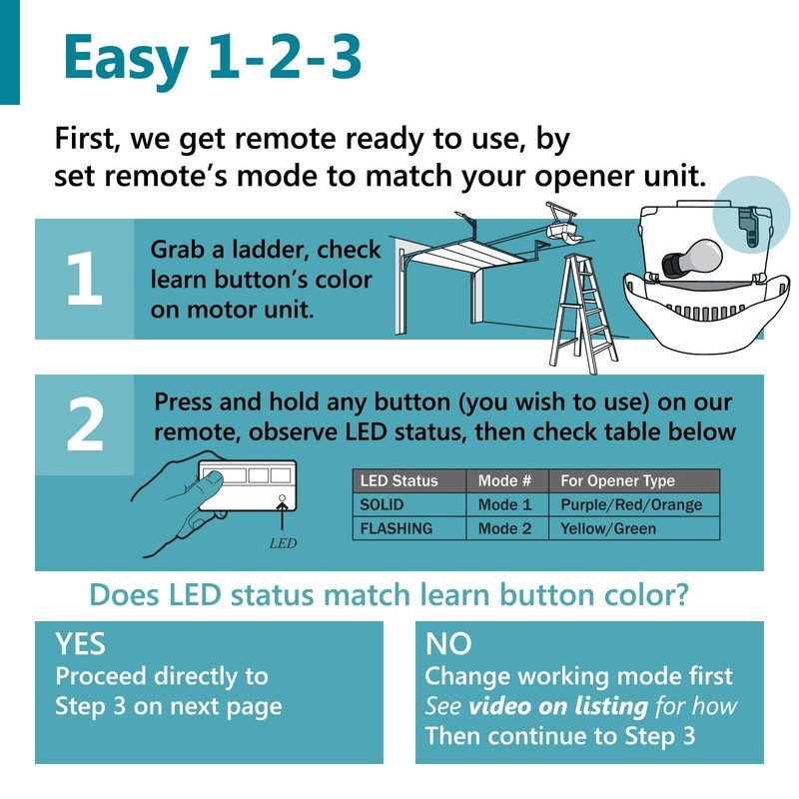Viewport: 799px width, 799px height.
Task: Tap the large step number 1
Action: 84,281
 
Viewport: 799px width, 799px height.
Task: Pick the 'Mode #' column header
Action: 505,480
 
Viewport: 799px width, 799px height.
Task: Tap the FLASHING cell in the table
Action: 396,528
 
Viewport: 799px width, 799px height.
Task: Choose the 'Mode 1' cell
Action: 505,504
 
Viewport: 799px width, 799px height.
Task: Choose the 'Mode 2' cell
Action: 505,528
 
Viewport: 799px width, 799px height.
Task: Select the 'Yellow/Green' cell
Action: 608,528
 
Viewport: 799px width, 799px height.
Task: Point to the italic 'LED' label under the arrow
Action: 284,544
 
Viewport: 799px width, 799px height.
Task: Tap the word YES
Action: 81,642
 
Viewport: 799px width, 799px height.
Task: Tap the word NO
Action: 448,642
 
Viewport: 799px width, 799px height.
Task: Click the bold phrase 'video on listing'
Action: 558,706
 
